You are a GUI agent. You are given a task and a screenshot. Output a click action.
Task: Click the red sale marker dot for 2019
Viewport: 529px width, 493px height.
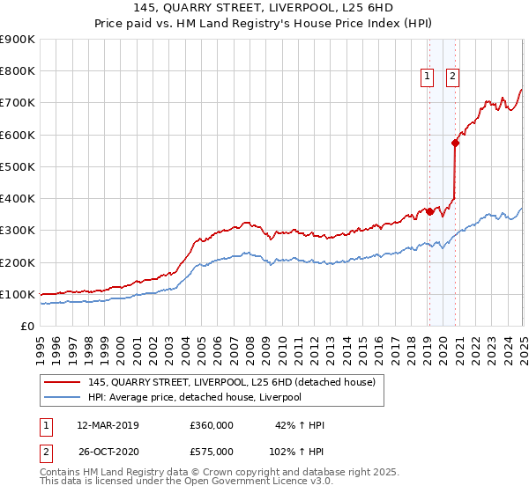point(429,211)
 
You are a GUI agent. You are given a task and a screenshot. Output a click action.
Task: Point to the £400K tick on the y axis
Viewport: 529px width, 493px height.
point(18,198)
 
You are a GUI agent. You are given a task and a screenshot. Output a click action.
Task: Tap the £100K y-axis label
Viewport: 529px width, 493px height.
point(18,294)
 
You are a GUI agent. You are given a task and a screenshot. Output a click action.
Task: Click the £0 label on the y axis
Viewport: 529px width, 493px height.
point(28,326)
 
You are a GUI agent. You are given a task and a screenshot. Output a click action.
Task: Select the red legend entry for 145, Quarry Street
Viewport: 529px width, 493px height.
point(232,382)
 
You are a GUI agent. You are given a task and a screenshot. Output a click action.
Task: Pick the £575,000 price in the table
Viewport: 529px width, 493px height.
point(212,450)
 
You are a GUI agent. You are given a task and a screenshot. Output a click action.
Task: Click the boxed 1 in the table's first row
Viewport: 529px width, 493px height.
point(45,425)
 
